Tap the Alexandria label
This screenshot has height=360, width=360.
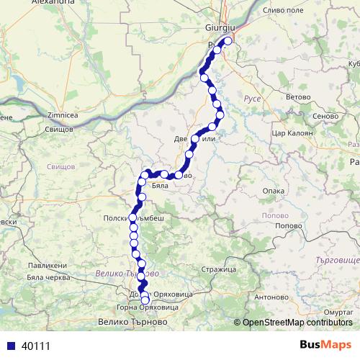pyautogui.click(x=32, y=3)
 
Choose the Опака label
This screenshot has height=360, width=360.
pyautogui.click(x=274, y=192)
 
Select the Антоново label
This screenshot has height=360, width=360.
pyautogui.click(x=271, y=297)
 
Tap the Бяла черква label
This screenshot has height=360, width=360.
pyautogui.click(x=48, y=278)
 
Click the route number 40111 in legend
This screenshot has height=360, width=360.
pyautogui.click(x=36, y=346)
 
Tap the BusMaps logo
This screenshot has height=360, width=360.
pyautogui.click(x=326, y=346)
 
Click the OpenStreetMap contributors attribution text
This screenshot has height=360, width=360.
pyautogui.click(x=297, y=323)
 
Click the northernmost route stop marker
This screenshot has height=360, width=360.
pyautogui.click(x=228, y=41)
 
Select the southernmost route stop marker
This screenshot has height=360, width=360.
pyautogui.click(x=145, y=300)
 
